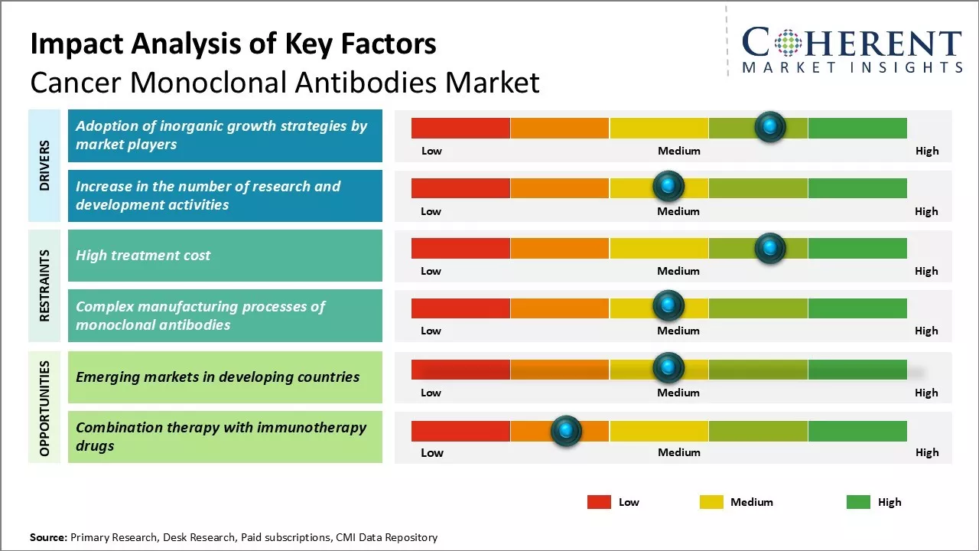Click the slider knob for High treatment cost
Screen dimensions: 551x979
[x=769, y=248]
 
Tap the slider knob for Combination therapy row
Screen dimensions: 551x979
[x=566, y=431]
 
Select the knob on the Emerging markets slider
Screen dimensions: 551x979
[x=668, y=368]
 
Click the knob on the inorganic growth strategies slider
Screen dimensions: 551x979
[x=769, y=127]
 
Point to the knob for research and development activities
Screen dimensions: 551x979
[x=668, y=187]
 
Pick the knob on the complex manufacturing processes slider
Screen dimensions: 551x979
[x=668, y=306]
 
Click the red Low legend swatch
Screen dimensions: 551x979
[x=599, y=502]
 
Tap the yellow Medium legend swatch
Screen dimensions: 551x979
[x=711, y=502]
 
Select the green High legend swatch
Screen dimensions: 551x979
[x=858, y=502]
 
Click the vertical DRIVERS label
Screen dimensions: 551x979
[x=44, y=165]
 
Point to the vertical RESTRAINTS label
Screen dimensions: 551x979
[x=44, y=285]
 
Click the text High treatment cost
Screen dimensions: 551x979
[x=143, y=256]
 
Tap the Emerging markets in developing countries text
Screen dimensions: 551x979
[x=217, y=377]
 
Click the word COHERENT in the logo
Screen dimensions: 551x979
[x=852, y=43]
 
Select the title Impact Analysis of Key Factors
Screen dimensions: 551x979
[x=233, y=44]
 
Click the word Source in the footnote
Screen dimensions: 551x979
[x=47, y=537]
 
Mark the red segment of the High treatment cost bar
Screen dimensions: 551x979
[x=460, y=248]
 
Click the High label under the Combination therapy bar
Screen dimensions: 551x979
[x=926, y=452]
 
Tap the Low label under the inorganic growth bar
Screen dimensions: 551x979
[x=431, y=151]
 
